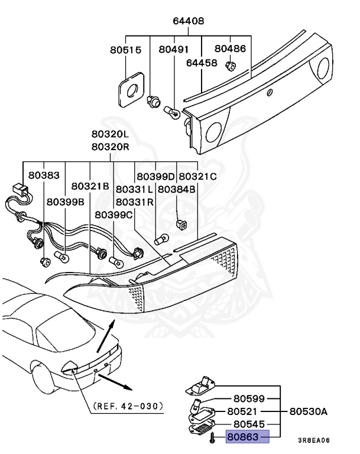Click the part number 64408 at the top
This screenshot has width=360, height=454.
pos(188,21)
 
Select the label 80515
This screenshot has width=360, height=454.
pos(125,51)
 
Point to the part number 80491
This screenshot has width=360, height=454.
pos(175,51)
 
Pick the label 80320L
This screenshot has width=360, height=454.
pos(110,135)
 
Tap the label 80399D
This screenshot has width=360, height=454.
pos(156,176)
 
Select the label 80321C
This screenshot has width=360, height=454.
pos(197,176)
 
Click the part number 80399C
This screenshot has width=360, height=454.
pos(114,215)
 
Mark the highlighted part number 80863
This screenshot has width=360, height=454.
pos(245,438)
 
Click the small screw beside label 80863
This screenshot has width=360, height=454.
pos(212,438)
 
